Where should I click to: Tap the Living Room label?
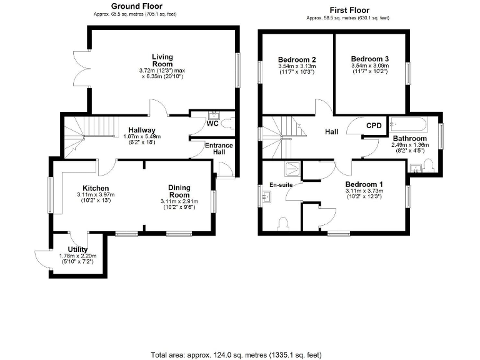162,60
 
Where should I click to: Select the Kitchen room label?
96,188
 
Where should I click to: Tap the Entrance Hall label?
219,149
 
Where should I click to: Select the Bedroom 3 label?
369,59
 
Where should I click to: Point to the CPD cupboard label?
374,126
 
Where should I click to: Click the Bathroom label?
409,138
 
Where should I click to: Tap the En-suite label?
281,185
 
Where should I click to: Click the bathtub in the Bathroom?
407,122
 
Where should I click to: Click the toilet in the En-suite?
282,223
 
